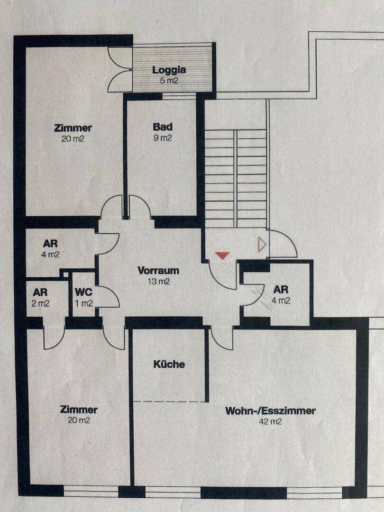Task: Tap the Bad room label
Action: pos(163,127)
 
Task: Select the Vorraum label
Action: pos(158,271)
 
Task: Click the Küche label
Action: pos(169,365)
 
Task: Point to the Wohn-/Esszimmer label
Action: pos(270,411)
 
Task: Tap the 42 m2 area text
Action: pos(270,421)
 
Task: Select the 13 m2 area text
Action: pos(158,282)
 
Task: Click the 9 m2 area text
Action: pos(163,138)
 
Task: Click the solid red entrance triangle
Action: pos(222,256)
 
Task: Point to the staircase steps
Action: pos(236,175)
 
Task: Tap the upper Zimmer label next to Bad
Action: pos(73,128)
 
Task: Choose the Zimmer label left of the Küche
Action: pos(79,410)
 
